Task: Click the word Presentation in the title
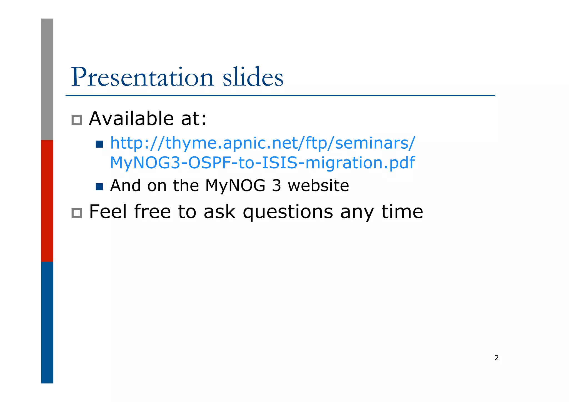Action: pos(142,77)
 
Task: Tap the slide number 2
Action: pos(496,358)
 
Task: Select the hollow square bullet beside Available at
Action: pos(77,120)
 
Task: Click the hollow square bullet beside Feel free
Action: pos(77,213)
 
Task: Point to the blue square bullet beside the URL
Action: pos(99,144)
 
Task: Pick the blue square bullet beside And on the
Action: pos(99,187)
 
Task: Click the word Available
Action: pos(131,119)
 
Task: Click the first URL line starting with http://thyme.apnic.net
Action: pos(263,144)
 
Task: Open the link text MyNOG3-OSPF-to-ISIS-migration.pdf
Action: pos(262,163)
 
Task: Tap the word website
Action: pos(318,186)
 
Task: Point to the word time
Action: pos(402,212)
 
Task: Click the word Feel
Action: pos(108,212)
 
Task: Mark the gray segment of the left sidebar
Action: pos(47,79)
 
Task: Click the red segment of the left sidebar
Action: pos(47,201)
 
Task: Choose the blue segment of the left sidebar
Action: pos(47,322)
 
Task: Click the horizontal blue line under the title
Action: pos(280,96)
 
